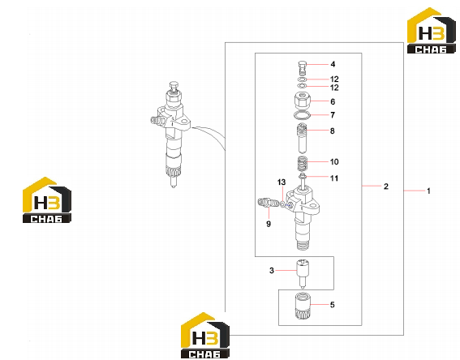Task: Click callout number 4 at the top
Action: [333, 64]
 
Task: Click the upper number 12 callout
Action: [334, 79]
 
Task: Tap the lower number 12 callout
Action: [334, 88]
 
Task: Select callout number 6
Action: [333, 101]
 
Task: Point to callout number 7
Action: [333, 115]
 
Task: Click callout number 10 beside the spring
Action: [334, 162]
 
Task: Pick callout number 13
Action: [282, 182]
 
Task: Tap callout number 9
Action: [269, 224]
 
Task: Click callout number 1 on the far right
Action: [428, 191]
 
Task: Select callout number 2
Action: [386, 186]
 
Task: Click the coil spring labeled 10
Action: [303, 164]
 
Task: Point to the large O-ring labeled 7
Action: [302, 115]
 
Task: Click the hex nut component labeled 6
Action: [302, 101]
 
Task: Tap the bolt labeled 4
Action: [302, 68]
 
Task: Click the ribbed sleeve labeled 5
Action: [303, 306]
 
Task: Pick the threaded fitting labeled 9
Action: [268, 203]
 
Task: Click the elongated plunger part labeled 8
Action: [303, 138]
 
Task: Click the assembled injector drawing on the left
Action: [171, 135]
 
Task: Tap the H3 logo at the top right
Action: [432, 31]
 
